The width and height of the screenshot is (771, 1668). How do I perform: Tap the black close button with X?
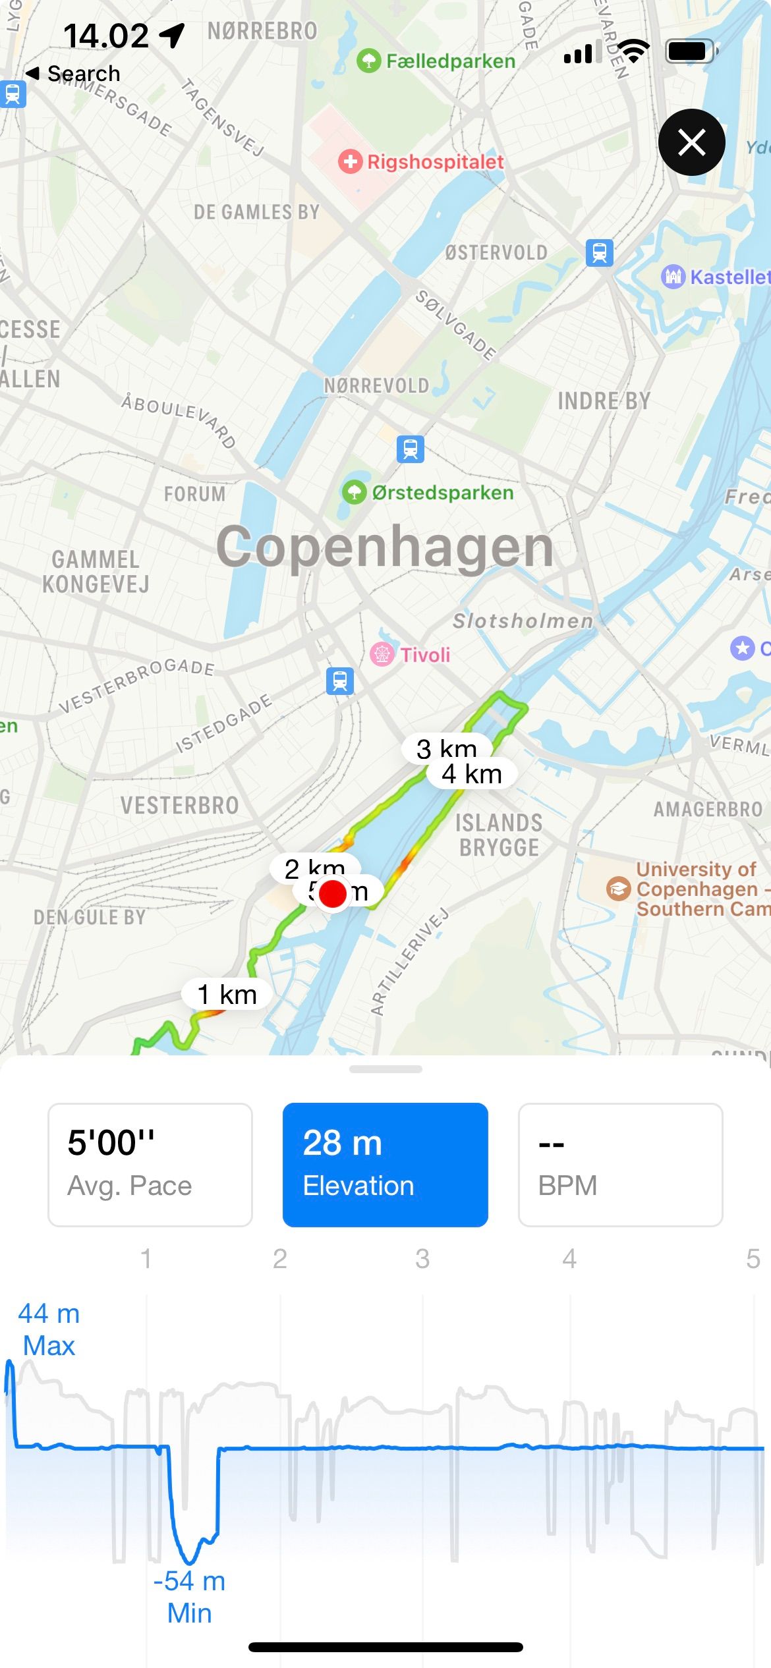(691, 142)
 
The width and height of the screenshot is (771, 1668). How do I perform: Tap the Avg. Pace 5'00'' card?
(150, 1165)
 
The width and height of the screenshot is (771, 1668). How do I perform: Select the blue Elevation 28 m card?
(385, 1165)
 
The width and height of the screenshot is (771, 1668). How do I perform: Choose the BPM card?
(620, 1165)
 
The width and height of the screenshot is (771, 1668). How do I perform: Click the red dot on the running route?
(333, 894)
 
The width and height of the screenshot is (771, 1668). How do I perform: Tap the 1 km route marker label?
(227, 994)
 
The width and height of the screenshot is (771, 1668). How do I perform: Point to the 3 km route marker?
(445, 748)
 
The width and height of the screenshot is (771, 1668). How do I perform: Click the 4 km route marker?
(472, 774)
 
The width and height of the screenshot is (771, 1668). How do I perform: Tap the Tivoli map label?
(425, 655)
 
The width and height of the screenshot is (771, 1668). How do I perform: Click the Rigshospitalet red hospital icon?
(350, 161)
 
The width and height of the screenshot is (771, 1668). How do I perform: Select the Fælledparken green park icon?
(368, 61)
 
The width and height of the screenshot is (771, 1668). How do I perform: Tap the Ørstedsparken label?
(442, 493)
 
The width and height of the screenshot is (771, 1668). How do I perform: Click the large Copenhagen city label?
(385, 547)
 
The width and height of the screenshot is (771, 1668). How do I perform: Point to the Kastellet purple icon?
(673, 276)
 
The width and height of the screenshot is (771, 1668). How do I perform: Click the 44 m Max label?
(49, 1329)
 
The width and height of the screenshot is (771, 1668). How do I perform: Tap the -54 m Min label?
(189, 1597)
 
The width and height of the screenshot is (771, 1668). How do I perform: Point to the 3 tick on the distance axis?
(422, 1259)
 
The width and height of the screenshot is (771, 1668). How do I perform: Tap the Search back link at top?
(74, 73)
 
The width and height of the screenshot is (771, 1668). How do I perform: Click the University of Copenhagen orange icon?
(618, 889)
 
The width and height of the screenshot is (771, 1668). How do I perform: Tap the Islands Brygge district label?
(500, 835)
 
